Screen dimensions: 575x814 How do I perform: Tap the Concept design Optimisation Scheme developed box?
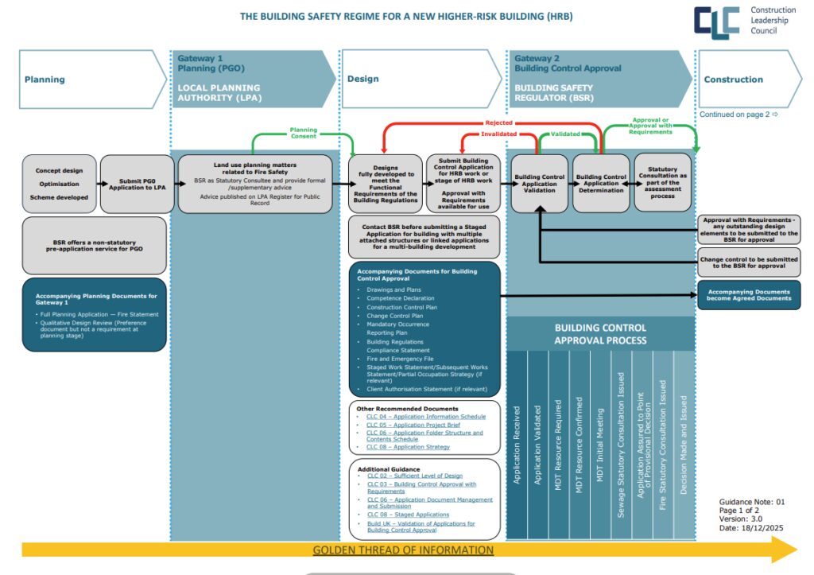pos(60,184)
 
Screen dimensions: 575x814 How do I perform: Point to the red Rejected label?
pos(498,123)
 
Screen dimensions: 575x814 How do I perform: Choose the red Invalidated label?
pos(498,134)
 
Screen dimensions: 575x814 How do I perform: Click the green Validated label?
pos(565,134)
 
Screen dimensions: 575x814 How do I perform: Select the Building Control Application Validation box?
pos(539,184)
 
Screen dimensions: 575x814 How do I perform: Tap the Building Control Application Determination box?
pos(601,184)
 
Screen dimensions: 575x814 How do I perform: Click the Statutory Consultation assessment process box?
pos(663,182)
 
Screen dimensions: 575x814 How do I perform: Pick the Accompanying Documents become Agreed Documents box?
pos(749,295)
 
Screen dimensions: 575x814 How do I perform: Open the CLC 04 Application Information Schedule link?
pos(425,417)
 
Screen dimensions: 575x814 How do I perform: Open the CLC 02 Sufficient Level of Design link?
pos(414,476)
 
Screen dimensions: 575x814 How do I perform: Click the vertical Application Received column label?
pos(517,445)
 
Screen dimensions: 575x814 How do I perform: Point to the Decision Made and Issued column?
pos(684,445)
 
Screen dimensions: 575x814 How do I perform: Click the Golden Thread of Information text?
pos(403,550)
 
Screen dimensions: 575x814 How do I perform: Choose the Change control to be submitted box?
pos(749,261)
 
